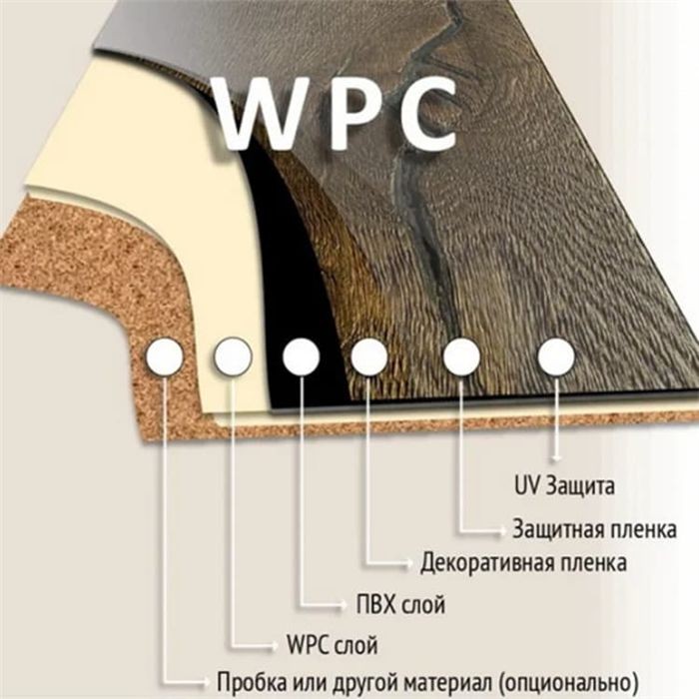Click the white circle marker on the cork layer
[x=164, y=357]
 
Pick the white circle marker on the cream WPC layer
[x=233, y=356]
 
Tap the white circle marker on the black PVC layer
[x=302, y=356]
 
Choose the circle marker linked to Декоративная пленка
[x=369, y=356]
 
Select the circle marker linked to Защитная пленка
[x=461, y=356]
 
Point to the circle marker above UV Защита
[x=556, y=356]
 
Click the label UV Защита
[x=564, y=486]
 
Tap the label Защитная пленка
[x=595, y=529]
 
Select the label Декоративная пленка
[x=524, y=562]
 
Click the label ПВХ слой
[x=400, y=604]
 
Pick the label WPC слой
[x=333, y=644]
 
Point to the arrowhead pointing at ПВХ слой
[x=343, y=605]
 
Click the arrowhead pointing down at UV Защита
[x=556, y=457]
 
